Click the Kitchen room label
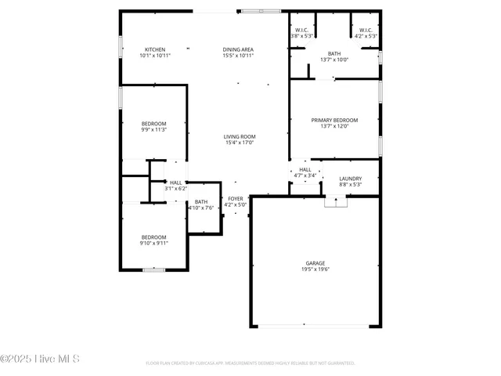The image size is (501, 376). tap(154, 49)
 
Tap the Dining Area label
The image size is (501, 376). tap(238, 49)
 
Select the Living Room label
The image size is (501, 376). tap(240, 136)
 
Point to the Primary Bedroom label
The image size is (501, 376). tap(334, 120)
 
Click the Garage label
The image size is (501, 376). tap(315, 263)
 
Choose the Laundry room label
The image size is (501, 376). tap(350, 179)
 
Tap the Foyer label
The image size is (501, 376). tap(236, 199)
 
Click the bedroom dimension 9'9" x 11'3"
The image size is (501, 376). tap(153, 131)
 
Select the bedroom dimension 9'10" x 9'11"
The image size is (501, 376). tap(154, 243)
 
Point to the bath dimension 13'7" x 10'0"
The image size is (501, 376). tap(334, 60)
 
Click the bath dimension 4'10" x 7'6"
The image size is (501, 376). tap(201, 208)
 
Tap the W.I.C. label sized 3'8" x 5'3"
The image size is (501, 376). tap(302, 36)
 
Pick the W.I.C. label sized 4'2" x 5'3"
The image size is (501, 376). tap(366, 36)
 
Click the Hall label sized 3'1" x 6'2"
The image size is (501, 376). tap(175, 189)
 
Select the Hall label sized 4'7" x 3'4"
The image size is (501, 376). tap(305, 175)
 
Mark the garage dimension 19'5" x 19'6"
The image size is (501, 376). tap(315, 269)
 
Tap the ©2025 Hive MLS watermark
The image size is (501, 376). tap(40, 360)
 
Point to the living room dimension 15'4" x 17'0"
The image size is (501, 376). tap(240, 143)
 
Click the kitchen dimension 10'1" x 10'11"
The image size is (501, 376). tap(154, 56)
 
